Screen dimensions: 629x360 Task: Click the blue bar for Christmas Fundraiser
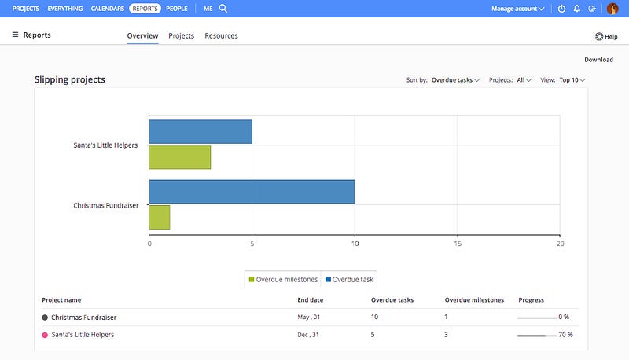click(252, 192)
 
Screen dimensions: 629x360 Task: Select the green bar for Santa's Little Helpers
click(180, 157)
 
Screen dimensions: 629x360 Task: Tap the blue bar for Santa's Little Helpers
click(200, 131)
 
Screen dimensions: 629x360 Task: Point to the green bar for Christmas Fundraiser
click(160, 217)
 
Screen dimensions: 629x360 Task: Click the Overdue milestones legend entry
click(283, 279)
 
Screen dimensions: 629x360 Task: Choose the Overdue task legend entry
click(349, 279)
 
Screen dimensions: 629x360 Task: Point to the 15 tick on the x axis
click(458, 244)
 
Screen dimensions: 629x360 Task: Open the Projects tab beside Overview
click(182, 35)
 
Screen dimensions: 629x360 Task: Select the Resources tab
click(221, 35)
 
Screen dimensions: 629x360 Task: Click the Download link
click(598, 60)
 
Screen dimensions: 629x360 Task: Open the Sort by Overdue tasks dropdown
click(455, 80)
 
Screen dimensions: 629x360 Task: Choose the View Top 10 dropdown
click(572, 80)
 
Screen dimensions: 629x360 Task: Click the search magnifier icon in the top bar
click(223, 9)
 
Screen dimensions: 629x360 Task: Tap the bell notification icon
click(577, 9)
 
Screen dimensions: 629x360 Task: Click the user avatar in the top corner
click(612, 9)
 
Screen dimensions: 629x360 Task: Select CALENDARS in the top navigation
click(108, 9)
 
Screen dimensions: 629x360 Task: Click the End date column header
click(310, 299)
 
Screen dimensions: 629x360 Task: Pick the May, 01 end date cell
click(308, 317)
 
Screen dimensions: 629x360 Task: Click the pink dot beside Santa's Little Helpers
click(45, 335)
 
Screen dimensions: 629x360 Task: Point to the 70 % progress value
click(565, 335)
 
